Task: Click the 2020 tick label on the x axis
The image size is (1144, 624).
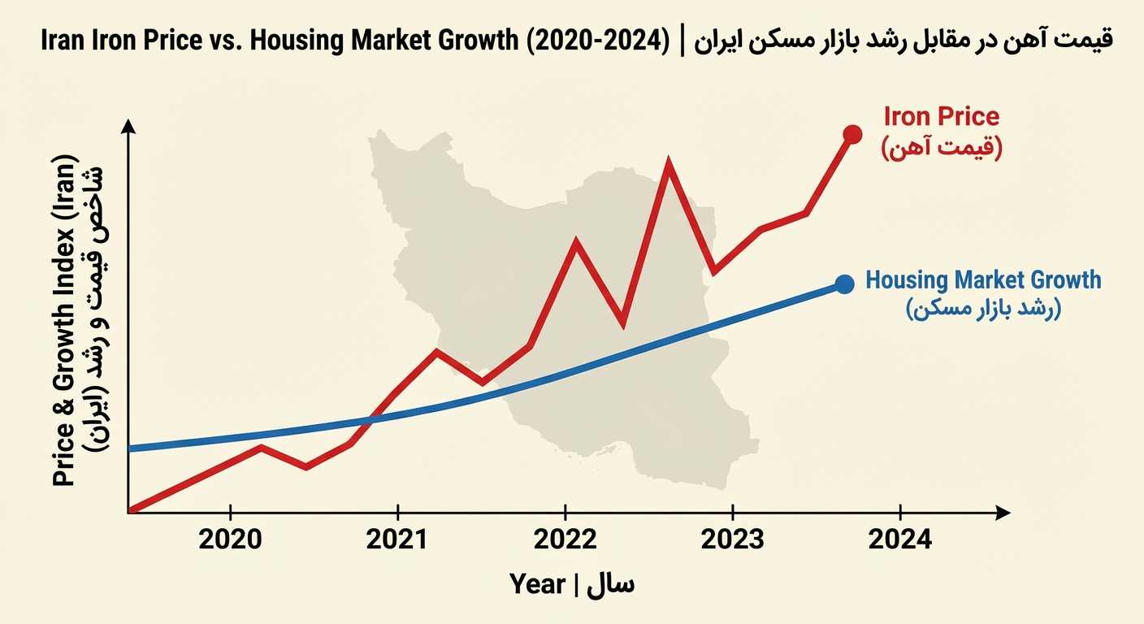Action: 232,539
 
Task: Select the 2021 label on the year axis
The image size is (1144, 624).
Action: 398,539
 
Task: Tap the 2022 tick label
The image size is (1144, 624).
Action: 565,539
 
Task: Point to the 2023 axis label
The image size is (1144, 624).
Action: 733,539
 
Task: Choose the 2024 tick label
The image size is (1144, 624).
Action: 900,539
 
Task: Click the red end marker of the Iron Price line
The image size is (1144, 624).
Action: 852,134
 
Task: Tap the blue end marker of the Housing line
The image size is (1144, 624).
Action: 844,284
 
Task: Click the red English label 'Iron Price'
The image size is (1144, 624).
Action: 942,116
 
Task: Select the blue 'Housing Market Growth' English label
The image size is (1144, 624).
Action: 983,280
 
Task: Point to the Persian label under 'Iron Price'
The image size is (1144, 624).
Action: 942,148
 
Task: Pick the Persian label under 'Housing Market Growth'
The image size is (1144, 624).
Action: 983,310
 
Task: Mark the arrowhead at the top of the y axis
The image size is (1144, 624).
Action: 128,126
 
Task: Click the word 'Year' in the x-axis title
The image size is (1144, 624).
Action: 537,583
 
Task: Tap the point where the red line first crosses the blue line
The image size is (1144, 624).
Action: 370,419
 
